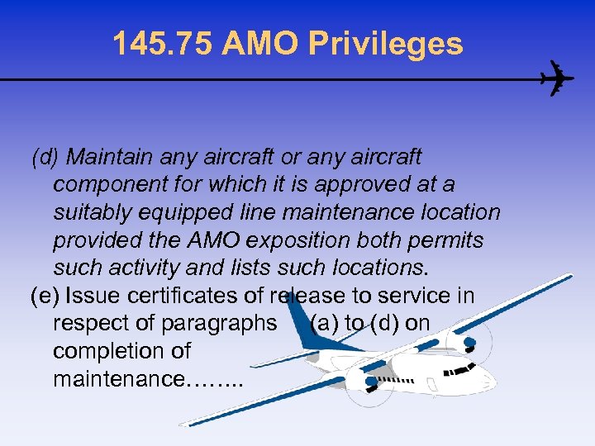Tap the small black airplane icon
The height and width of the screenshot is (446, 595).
point(555,80)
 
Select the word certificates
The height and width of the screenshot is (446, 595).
point(182,296)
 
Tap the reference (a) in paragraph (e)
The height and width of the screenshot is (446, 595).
point(324,323)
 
